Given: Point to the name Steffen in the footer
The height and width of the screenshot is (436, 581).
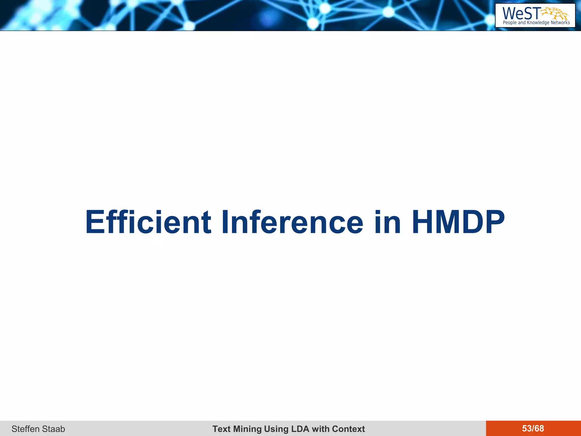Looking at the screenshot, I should tap(25, 429).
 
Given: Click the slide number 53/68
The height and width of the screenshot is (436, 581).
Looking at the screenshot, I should tap(533, 428).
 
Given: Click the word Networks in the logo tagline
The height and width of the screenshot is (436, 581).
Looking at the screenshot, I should tap(560, 23).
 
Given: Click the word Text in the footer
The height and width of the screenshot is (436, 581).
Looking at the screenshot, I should tap(221, 429).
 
